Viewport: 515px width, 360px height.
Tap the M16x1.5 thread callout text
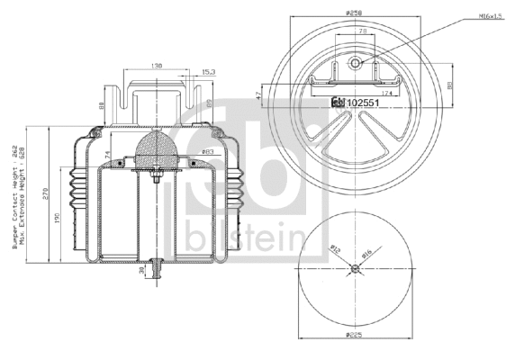pyautogui.click(x=491, y=16)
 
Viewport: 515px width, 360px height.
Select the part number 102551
pyautogui.click(x=364, y=103)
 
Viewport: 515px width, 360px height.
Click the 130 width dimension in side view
pyautogui.click(x=158, y=66)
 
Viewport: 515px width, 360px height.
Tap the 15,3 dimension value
pyautogui.click(x=208, y=70)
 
